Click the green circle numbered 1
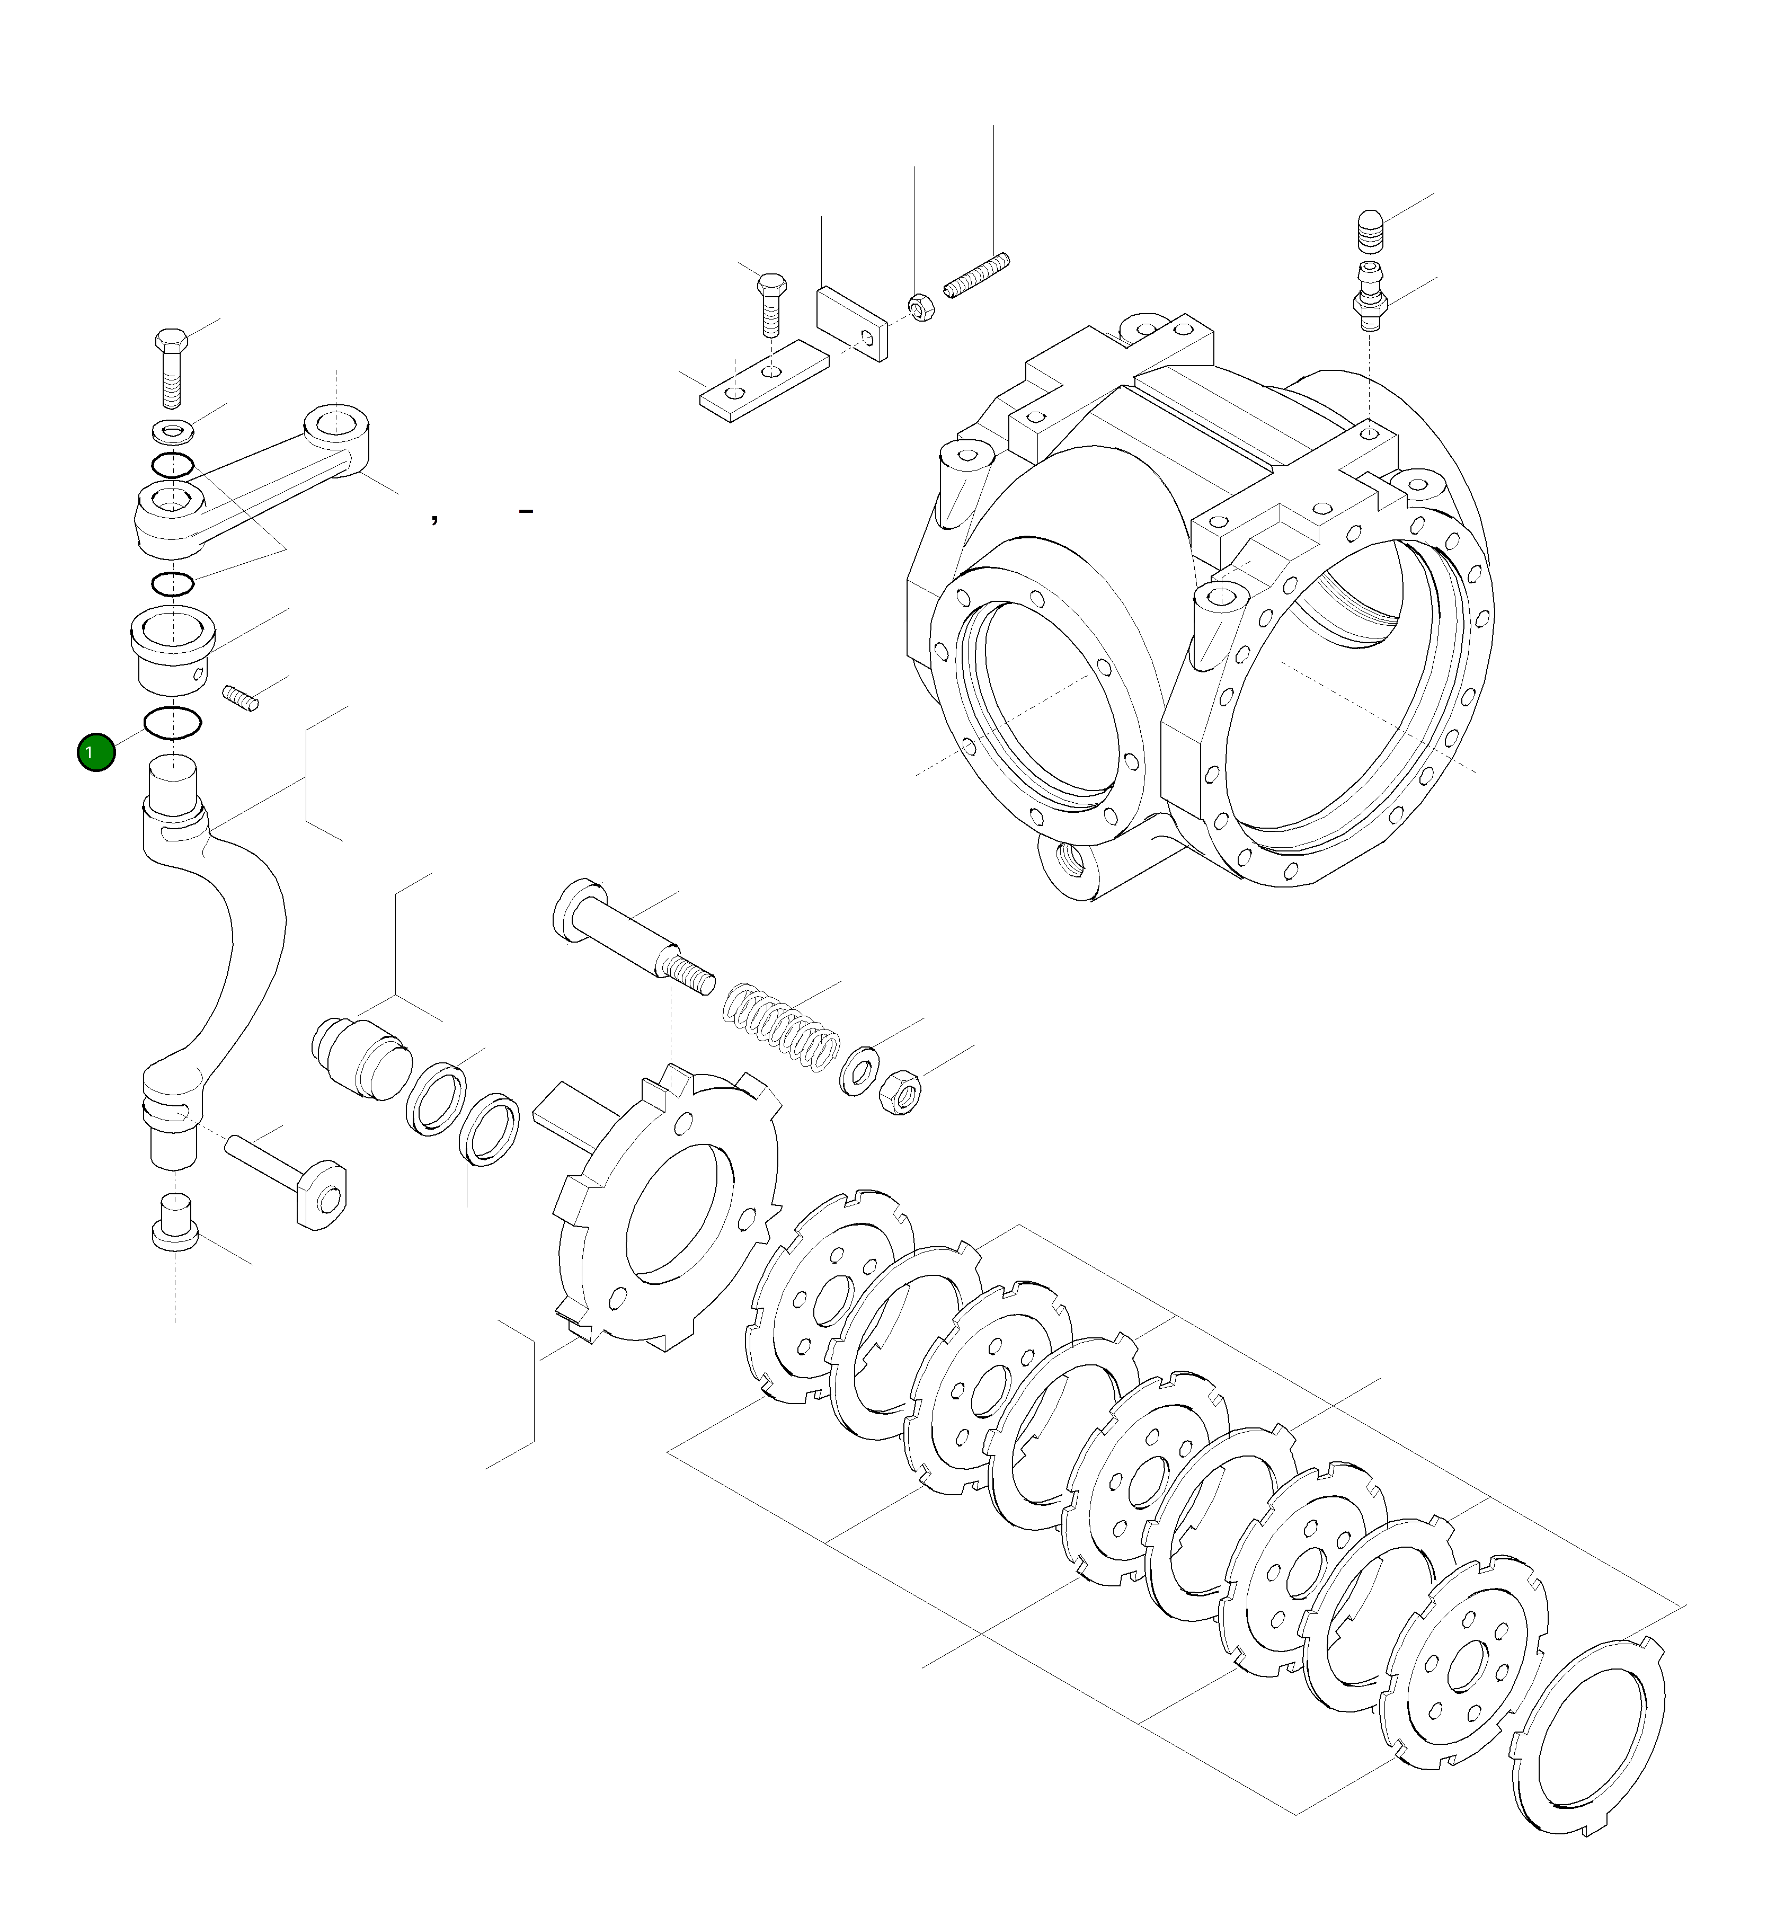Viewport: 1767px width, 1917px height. click(95, 752)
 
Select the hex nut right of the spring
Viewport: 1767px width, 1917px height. click(898, 1090)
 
